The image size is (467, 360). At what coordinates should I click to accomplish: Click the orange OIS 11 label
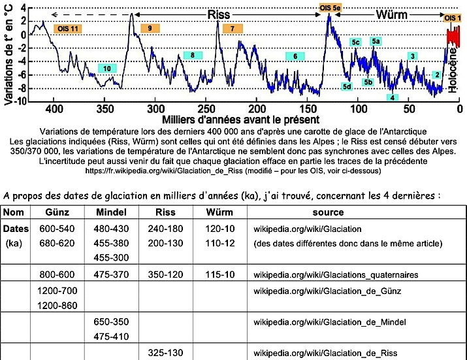click(x=67, y=29)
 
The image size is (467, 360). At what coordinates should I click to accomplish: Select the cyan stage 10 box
click(x=106, y=68)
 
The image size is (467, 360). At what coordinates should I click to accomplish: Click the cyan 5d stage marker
click(x=347, y=86)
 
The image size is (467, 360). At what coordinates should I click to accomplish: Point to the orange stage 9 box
click(x=150, y=29)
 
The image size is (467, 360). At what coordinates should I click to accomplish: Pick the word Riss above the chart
click(x=218, y=14)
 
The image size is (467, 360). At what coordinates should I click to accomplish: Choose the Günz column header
click(x=56, y=212)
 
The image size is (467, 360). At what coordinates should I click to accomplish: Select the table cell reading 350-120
click(x=166, y=275)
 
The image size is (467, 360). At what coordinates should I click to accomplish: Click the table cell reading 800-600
click(x=56, y=275)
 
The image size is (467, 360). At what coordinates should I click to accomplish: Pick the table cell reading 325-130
click(x=166, y=352)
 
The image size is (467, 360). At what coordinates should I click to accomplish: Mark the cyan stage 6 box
click(x=295, y=57)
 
